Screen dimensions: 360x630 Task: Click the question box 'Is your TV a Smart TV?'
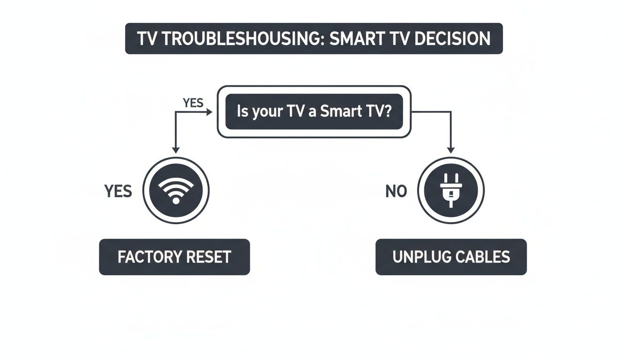pyautogui.click(x=314, y=112)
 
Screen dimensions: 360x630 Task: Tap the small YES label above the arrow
pyautogui.click(x=193, y=103)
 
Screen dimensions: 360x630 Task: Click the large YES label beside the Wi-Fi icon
pyautogui.click(x=118, y=191)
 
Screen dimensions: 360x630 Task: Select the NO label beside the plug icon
pyautogui.click(x=396, y=191)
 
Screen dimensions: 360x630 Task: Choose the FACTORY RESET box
pyautogui.click(x=174, y=257)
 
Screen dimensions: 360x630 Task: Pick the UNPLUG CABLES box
pyautogui.click(x=451, y=257)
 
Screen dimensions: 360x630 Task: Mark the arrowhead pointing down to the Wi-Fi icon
pyautogui.click(x=176, y=150)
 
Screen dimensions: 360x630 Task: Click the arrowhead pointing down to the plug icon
pyautogui.click(x=450, y=150)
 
